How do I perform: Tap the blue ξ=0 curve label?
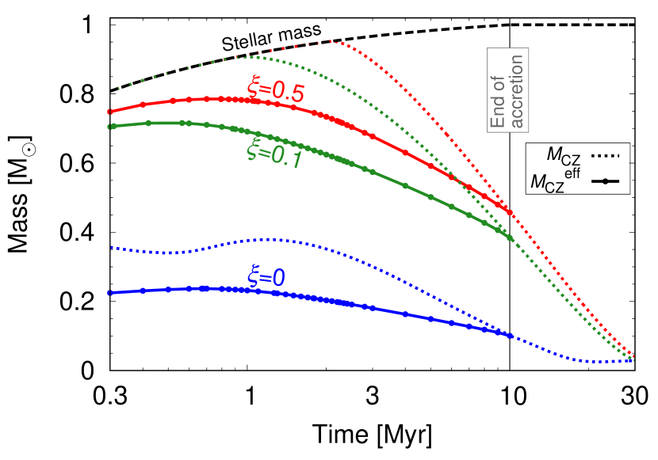(266, 276)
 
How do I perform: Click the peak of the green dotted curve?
(252, 56)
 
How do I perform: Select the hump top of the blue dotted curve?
(267, 238)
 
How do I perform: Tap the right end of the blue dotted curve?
(633, 359)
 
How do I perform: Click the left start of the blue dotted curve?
(112, 248)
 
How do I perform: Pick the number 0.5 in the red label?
(287, 93)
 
